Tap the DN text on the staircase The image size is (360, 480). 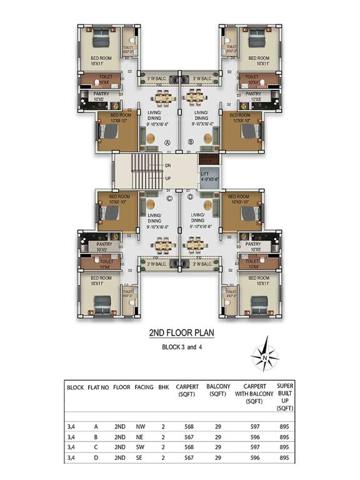click(167, 166)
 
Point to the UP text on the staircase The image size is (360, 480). click(167, 179)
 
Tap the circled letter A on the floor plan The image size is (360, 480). click(167, 142)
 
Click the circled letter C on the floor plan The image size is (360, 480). click(169, 199)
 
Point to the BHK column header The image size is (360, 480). click(164, 387)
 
